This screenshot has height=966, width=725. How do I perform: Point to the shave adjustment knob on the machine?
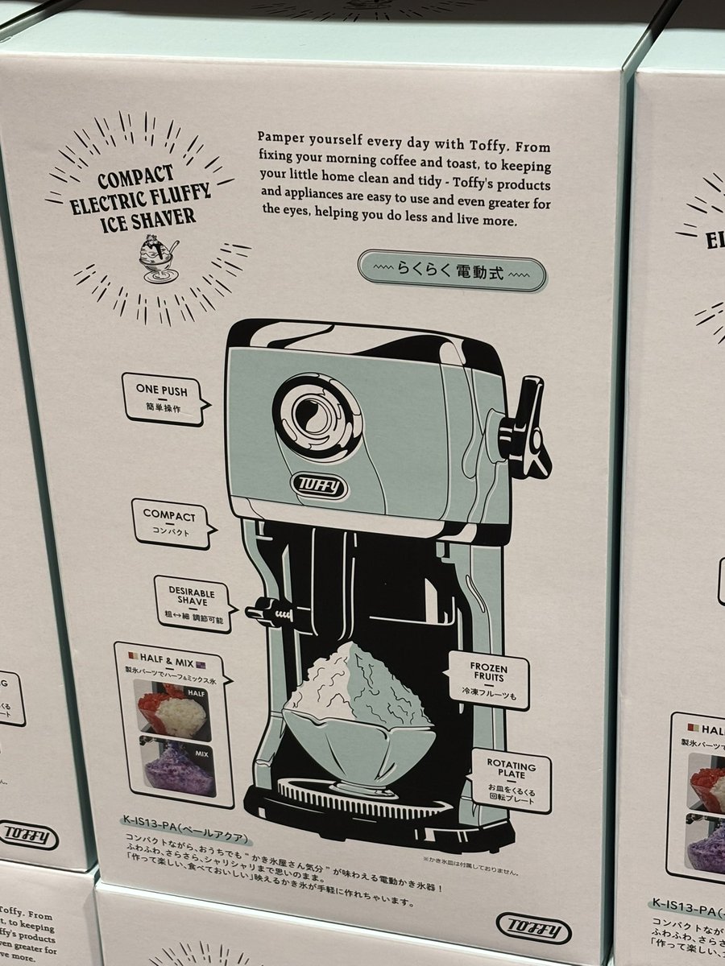coord(263,613)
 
